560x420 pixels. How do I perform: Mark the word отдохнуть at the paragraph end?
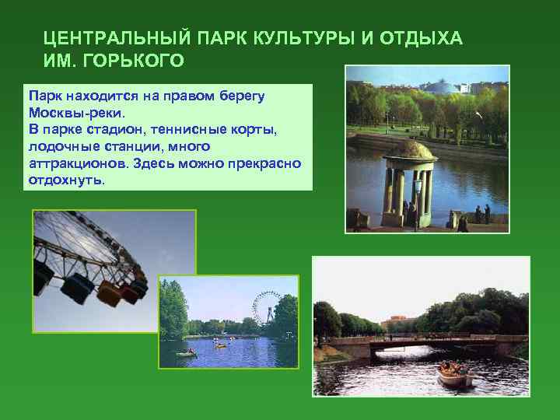pos(65,180)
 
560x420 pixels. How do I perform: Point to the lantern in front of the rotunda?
pos(418,187)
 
